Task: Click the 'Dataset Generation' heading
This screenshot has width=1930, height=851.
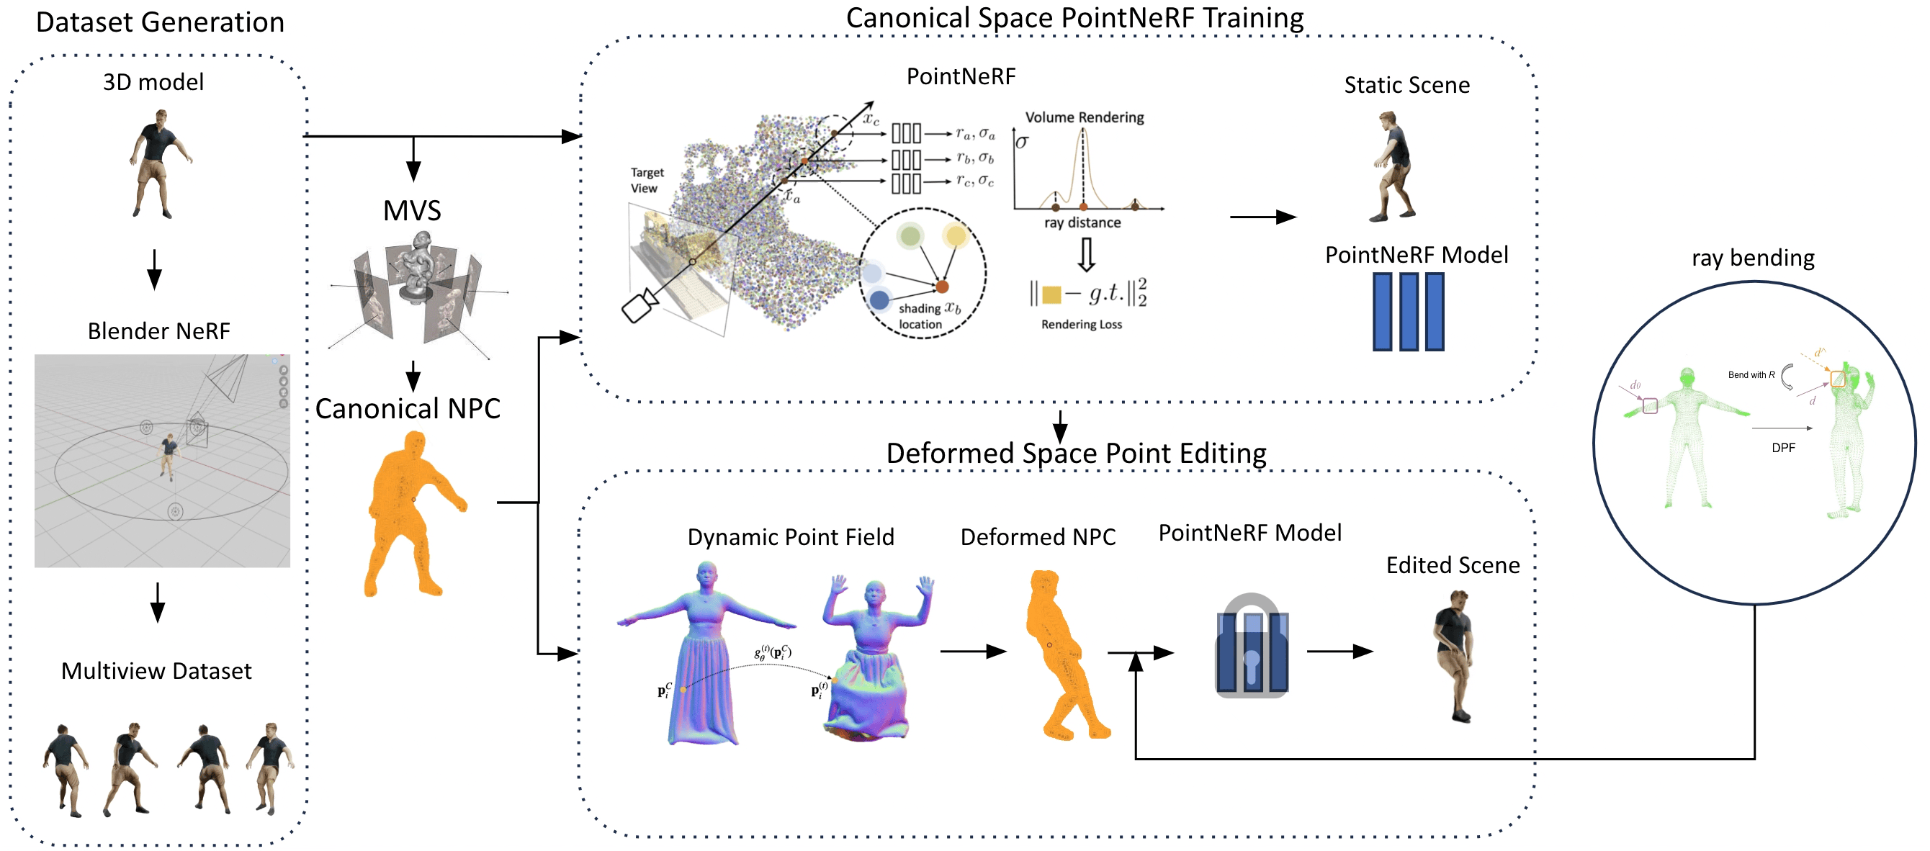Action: (160, 22)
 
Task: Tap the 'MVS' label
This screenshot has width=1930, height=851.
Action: (411, 211)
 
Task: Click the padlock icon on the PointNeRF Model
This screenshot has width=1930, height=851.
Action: (1250, 647)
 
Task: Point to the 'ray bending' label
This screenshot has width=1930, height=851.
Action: (1752, 258)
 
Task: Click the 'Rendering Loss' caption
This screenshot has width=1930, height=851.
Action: (1081, 325)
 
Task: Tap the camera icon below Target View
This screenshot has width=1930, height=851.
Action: (639, 307)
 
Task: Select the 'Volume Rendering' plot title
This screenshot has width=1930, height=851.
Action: (1084, 117)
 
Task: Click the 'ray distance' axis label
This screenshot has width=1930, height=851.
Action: (1082, 223)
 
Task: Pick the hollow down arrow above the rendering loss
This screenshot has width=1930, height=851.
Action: (1086, 255)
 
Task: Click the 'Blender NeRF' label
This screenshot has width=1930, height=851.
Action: (159, 331)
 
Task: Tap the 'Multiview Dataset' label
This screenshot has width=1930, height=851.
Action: (156, 671)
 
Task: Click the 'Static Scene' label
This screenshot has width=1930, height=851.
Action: (1406, 86)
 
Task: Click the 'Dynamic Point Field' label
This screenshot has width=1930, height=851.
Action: (791, 537)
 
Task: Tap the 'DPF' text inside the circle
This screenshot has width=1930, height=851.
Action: (1783, 448)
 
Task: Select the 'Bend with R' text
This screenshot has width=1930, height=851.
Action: (1751, 374)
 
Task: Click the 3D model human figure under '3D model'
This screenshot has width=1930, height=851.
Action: (156, 165)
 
